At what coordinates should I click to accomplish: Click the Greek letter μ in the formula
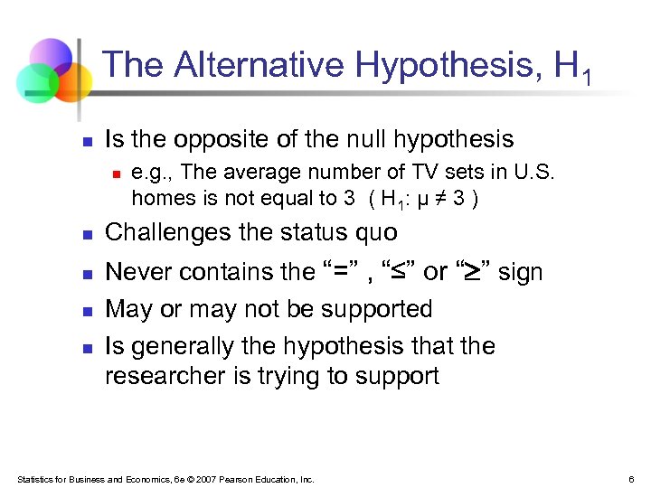click(x=419, y=198)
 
